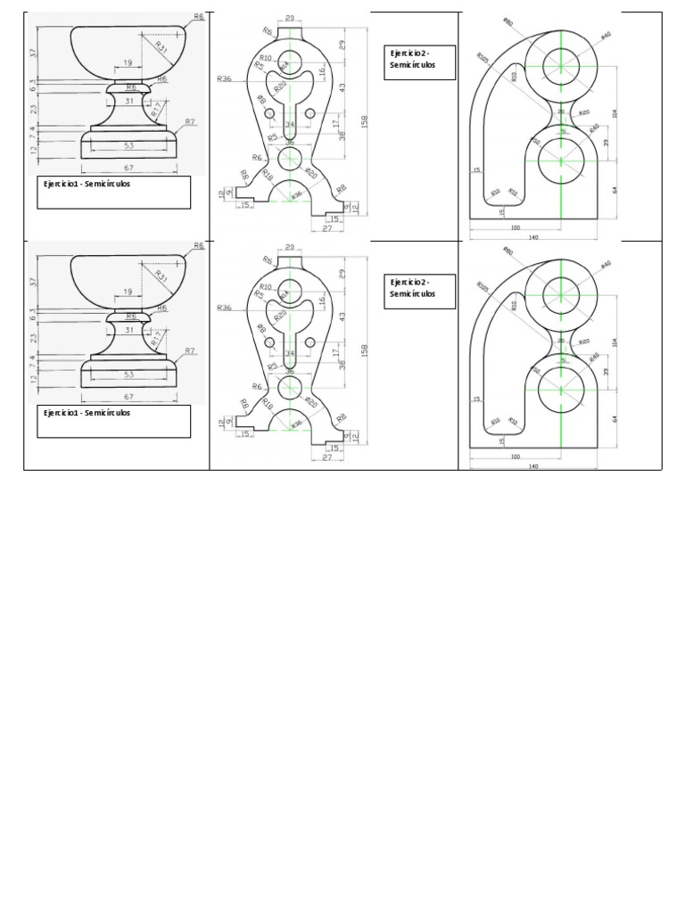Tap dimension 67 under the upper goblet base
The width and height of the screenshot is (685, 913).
(x=128, y=169)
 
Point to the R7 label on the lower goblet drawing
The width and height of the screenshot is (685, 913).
(x=190, y=350)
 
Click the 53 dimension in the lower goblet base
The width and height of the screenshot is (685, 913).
(x=128, y=374)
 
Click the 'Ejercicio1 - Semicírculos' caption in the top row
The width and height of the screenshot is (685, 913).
(x=87, y=185)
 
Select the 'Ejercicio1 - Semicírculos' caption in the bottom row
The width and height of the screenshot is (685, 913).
(x=87, y=414)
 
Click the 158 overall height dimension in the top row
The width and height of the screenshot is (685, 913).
(x=364, y=121)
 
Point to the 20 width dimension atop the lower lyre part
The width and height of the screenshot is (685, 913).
(x=291, y=247)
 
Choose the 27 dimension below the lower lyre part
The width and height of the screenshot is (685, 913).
(x=328, y=458)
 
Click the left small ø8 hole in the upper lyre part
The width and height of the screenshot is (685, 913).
(x=269, y=113)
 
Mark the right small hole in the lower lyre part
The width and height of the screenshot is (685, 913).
(x=310, y=342)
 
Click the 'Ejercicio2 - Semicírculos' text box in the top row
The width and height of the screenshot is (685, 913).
(x=420, y=61)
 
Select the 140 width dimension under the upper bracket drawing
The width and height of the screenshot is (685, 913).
(x=533, y=237)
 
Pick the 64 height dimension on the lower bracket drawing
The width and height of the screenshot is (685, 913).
(x=615, y=418)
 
